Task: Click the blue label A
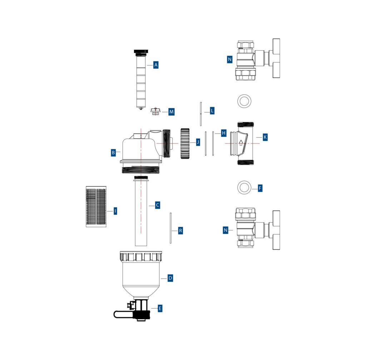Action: tap(155, 65)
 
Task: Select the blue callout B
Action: tap(113, 152)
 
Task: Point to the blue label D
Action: tap(170, 278)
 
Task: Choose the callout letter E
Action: tap(160, 308)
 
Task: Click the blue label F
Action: tap(260, 188)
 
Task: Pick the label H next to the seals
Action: tap(224, 133)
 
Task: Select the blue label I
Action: tap(115, 211)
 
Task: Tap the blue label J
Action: tap(198, 142)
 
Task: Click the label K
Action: tap(264, 137)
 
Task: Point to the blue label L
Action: tap(212, 111)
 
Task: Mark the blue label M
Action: tap(171, 112)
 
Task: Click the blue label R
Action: tap(180, 231)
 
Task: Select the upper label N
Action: tap(229, 59)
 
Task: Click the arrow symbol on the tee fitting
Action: tap(241, 143)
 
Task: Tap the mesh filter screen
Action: tap(96, 206)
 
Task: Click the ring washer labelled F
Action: tap(244, 187)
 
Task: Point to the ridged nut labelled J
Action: tap(185, 143)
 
